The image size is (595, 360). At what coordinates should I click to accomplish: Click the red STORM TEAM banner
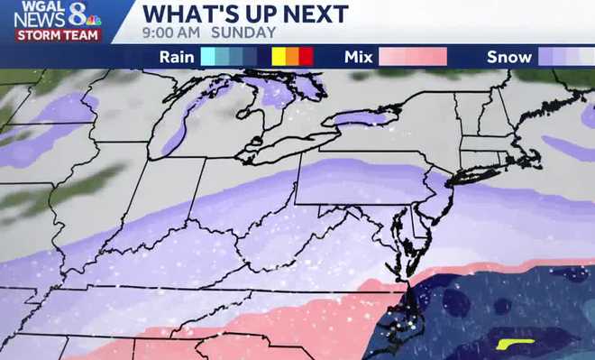57,35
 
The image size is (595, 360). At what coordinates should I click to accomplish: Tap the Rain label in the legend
177,57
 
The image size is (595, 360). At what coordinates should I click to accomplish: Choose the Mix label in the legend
360,57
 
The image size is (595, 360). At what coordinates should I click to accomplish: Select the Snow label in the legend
509,57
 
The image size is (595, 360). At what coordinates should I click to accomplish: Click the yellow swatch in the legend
279,57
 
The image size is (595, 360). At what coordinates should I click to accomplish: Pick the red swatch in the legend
306,57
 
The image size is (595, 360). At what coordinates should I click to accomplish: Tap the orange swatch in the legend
292,57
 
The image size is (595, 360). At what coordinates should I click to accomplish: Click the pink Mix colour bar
413,57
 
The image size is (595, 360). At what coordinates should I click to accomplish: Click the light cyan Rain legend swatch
209,57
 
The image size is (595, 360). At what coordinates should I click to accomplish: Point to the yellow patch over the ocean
515,344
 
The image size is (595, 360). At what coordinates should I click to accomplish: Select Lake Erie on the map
279,149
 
